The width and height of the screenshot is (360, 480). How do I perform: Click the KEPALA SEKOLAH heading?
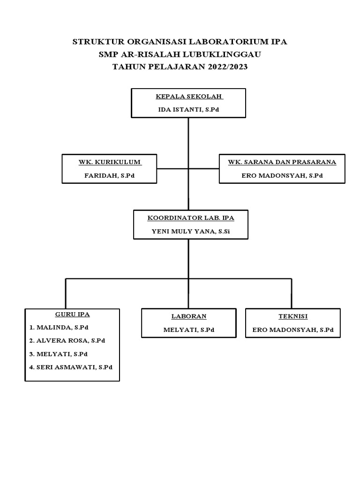[189, 97]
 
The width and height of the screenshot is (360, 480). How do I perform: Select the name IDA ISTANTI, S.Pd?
[188, 109]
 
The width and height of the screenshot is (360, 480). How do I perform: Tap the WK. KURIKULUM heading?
[110, 162]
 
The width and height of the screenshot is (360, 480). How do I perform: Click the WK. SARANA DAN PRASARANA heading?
[282, 162]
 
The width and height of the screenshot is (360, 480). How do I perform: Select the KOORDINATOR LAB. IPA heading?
[191, 218]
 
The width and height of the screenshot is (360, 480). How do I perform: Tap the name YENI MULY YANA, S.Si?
[191, 231]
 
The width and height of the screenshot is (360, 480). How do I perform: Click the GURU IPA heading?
[72, 314]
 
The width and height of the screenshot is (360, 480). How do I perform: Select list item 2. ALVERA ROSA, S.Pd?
[67, 340]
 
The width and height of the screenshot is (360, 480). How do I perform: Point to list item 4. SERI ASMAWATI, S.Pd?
[70, 367]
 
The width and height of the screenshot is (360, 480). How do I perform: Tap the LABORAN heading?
[189, 316]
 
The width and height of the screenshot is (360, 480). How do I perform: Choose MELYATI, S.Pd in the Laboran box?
[189, 330]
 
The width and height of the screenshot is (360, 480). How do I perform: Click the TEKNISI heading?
[293, 316]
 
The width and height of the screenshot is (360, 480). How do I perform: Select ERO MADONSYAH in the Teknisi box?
[293, 330]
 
